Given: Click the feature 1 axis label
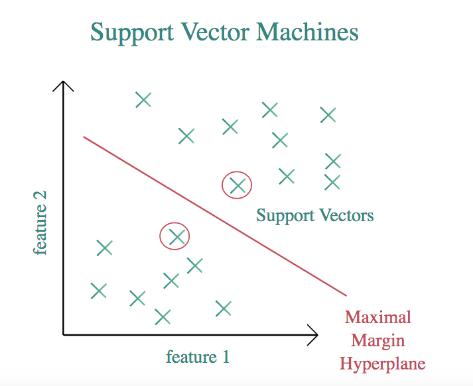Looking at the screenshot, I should coord(198,358).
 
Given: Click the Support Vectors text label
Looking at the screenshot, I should coord(315,216).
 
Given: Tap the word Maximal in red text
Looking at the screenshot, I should coord(378,317).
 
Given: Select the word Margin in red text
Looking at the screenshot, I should coord(378,341).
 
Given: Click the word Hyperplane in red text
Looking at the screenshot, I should coord(382,363).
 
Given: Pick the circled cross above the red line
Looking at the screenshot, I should coord(237,186).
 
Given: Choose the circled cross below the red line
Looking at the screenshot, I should coord(175,236).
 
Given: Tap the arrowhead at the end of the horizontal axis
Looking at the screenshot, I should coord(315,334).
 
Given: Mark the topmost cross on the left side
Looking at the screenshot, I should coord(143,100).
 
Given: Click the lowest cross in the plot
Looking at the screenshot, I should coord(163,317).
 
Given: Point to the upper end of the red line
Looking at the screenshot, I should coord(84,137).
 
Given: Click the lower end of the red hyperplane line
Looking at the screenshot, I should coord(346,295).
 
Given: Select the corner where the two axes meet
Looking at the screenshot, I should coord(64,334).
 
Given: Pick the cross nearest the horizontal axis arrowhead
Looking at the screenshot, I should coord(223,308).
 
